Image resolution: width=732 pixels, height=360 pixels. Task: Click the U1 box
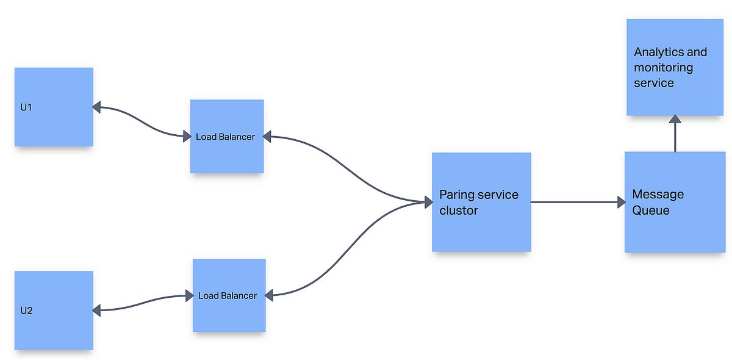point(54,107)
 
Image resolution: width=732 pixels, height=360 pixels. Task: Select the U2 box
point(54,310)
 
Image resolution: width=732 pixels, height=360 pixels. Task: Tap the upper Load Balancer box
point(227,136)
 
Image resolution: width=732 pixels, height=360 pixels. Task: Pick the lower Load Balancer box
point(229,295)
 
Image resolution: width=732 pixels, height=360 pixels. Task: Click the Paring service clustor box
point(481,202)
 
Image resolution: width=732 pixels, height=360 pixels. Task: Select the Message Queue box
point(675,202)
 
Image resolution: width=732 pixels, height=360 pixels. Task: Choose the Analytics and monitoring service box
point(675,67)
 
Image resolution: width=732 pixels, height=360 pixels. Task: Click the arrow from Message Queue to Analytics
point(675,135)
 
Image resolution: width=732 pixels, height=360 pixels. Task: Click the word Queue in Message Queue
point(651,211)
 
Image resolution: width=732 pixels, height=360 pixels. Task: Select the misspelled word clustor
point(459,211)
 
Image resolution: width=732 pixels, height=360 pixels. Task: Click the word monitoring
point(664,67)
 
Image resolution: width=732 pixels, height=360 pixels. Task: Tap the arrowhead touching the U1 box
point(96,107)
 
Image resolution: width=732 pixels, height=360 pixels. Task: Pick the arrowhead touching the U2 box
point(96,311)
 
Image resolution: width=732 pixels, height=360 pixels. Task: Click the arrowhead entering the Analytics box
point(675,120)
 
